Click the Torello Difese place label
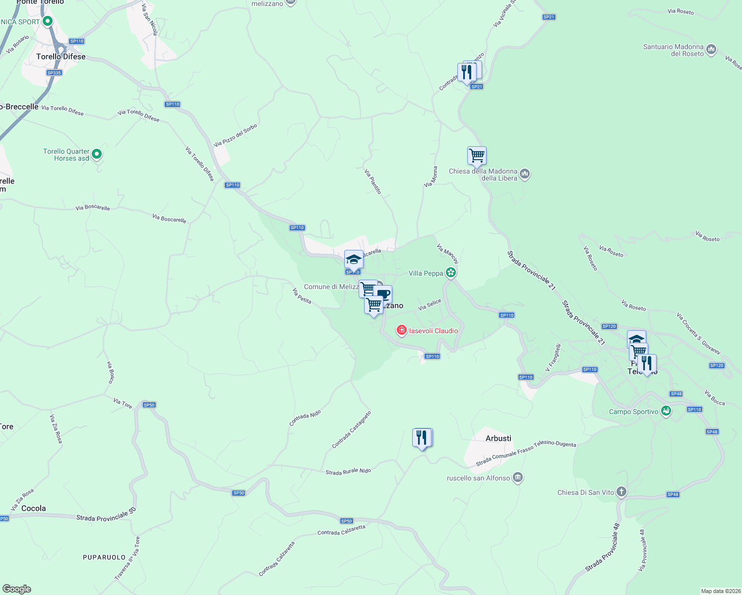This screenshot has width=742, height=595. point(61,57)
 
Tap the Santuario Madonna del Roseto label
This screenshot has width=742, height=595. point(673,50)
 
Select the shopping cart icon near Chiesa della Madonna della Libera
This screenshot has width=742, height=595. point(477,156)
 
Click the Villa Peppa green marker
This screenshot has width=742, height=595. point(450,273)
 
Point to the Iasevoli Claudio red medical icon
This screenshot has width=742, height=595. point(401,330)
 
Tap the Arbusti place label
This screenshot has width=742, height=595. point(498,438)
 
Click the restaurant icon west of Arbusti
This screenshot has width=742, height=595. point(422,438)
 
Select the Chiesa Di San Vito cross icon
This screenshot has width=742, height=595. point(621,492)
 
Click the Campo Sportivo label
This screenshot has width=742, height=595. point(633,412)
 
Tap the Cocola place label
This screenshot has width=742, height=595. point(34,508)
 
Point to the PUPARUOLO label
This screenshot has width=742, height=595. point(104,557)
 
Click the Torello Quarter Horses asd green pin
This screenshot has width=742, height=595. point(97,154)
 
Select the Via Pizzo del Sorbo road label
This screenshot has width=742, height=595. point(236,135)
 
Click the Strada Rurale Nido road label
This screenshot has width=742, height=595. point(348,472)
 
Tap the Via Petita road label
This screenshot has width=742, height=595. point(302,296)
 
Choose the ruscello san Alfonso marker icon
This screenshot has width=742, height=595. point(518,477)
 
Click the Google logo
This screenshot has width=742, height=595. point(16,589)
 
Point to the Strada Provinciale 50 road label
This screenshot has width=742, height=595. point(106,515)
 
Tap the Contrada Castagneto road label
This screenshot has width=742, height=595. point(351,430)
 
